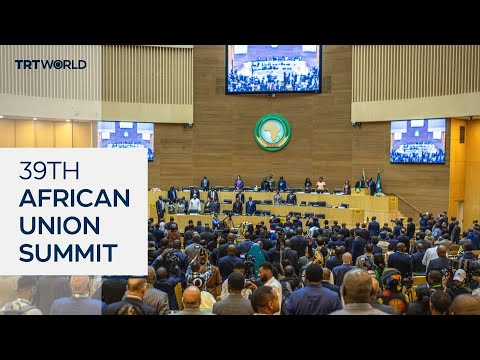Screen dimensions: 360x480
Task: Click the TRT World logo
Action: coord(50,64)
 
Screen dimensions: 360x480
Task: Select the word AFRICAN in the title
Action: coord(74,198)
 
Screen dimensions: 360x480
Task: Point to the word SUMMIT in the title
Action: coord(68,252)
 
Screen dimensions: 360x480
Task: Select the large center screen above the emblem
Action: coord(272,69)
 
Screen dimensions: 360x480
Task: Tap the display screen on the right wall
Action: coord(417,141)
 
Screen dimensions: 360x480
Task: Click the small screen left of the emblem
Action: coord(126,140)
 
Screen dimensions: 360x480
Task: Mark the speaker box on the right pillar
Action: coord(461,133)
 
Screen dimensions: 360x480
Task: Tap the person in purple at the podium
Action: coord(238,184)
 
